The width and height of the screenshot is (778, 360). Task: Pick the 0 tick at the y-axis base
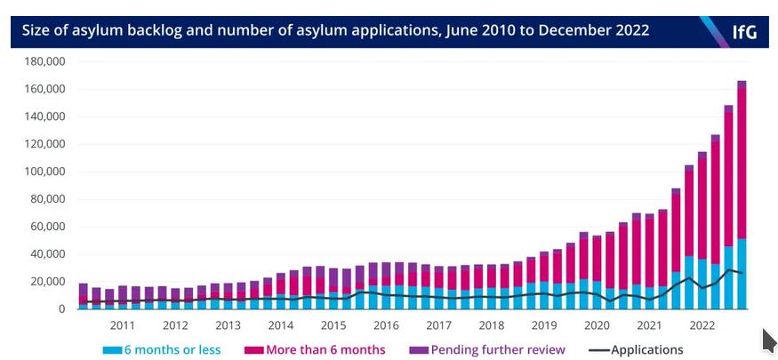[x=62, y=309]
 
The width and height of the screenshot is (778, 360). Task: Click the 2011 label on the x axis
[x=123, y=325]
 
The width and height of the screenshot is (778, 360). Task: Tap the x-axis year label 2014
[x=280, y=325]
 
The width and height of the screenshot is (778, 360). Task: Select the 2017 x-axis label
[x=438, y=325]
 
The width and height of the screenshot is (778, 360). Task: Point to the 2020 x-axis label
[x=596, y=325]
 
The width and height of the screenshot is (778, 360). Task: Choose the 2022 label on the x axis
[x=702, y=325]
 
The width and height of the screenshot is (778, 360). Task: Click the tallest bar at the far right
[x=742, y=196]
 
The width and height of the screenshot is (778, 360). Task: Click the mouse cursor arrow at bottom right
[x=769, y=340]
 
